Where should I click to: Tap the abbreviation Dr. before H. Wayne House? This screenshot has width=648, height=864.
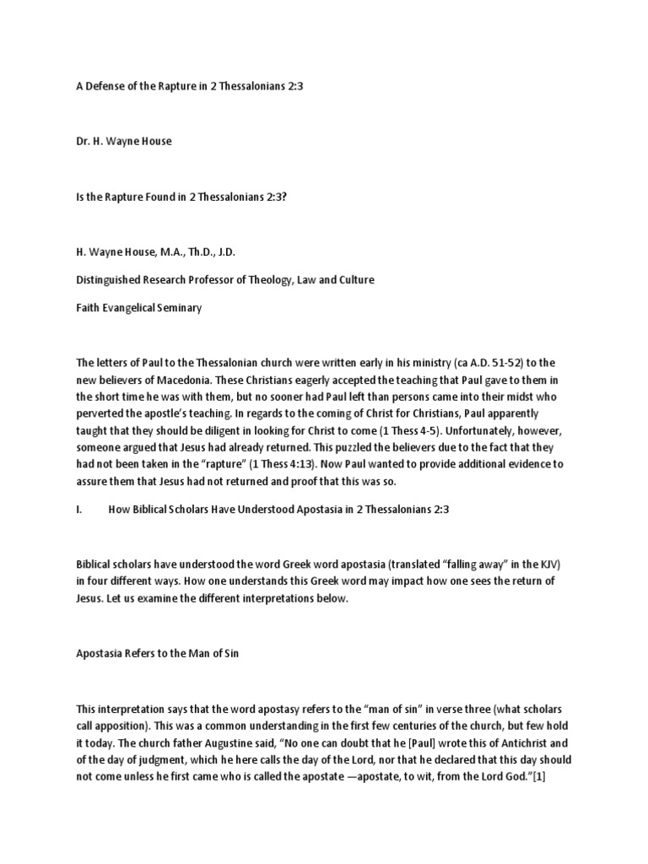tap(84, 141)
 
